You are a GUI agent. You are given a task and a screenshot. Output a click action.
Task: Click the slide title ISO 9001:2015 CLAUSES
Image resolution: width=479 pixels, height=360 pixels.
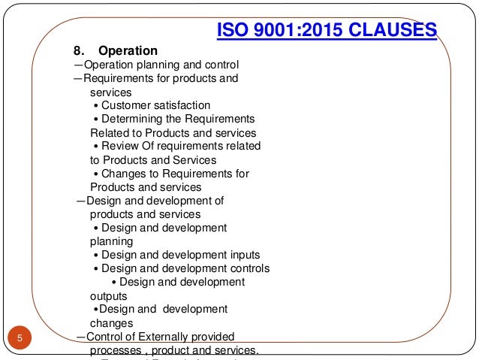[327, 30]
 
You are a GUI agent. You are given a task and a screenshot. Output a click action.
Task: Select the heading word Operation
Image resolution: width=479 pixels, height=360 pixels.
[128, 51]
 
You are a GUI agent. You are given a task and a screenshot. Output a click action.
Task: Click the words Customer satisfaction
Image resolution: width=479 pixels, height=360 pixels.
[155, 105]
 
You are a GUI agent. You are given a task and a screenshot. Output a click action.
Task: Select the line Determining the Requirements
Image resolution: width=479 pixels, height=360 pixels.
[178, 119]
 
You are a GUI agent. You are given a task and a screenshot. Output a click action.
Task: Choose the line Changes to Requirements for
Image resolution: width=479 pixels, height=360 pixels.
[175, 173]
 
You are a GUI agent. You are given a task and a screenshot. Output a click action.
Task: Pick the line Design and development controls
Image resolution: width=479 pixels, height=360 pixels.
[185, 268]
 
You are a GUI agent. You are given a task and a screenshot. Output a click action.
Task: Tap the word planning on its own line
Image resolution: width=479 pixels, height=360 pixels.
[111, 241]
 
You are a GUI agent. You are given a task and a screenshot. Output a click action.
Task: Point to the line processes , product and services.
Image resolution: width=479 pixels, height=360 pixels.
[173, 349]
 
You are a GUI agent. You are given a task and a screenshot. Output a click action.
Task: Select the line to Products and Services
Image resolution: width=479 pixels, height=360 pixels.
[153, 159]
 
